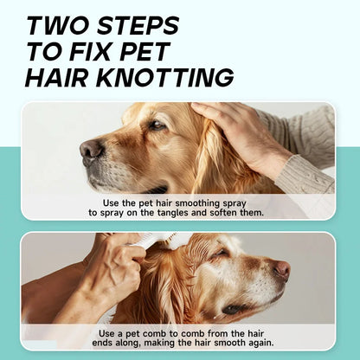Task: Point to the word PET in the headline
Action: [154, 51]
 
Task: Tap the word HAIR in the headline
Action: [61, 78]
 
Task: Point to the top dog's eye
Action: [155, 125]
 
